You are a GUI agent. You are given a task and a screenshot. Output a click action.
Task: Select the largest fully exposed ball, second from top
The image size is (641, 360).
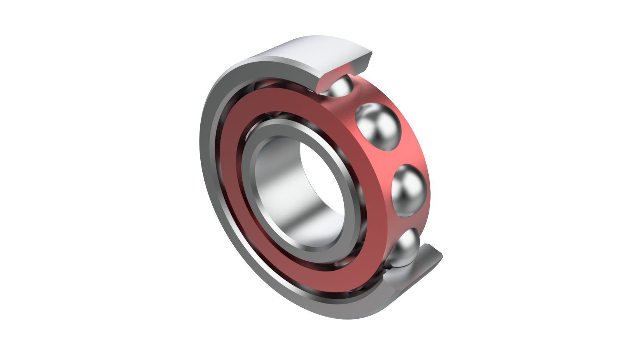coord(378,126)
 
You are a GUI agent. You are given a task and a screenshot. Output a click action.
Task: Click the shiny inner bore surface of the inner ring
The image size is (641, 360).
coord(280,192)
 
